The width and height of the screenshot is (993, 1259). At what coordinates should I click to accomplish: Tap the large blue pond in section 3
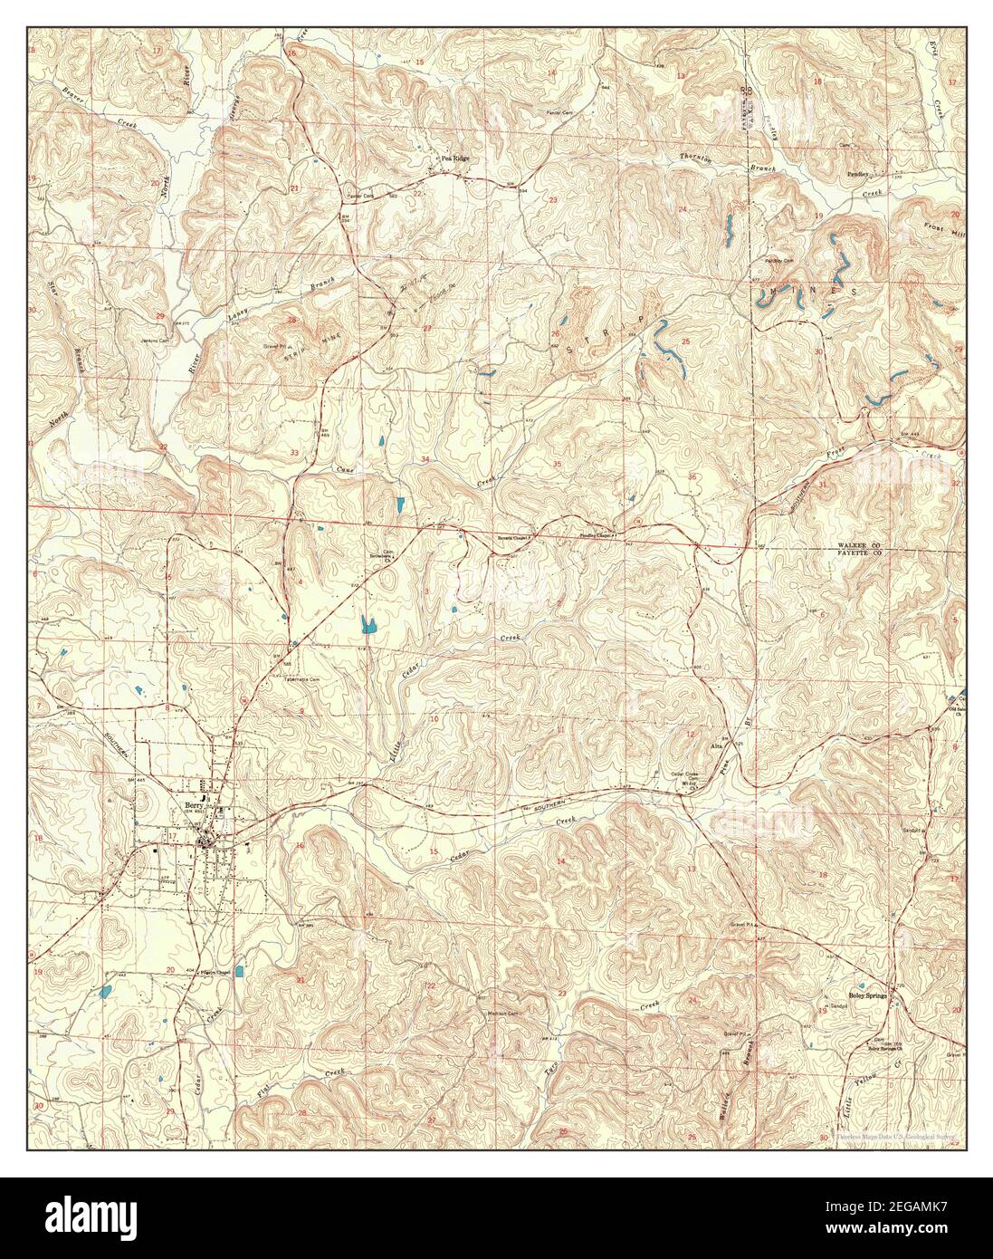(368, 623)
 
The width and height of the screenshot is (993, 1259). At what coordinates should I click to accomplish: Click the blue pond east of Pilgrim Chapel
(239, 971)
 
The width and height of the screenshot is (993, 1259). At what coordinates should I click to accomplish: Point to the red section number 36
(692, 476)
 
